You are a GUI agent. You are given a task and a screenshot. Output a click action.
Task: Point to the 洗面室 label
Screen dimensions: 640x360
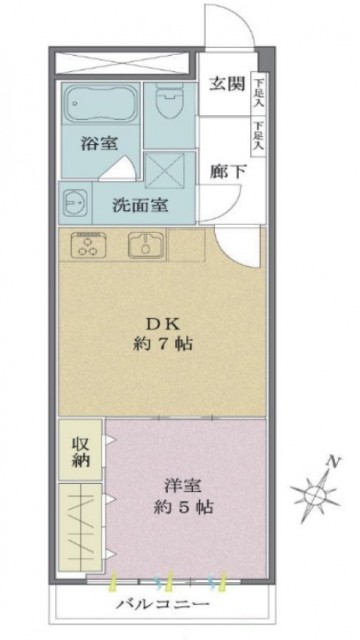click(139, 205)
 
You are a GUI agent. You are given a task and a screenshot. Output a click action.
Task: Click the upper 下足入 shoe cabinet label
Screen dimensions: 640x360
click(258, 95)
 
